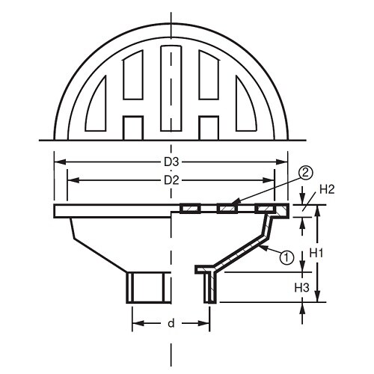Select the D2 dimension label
coord(171,180)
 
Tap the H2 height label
coord(325,191)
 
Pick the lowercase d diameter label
coord(171,323)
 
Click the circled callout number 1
coord(284,258)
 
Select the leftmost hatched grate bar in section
coord(189,209)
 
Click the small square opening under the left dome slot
coord(133,128)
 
